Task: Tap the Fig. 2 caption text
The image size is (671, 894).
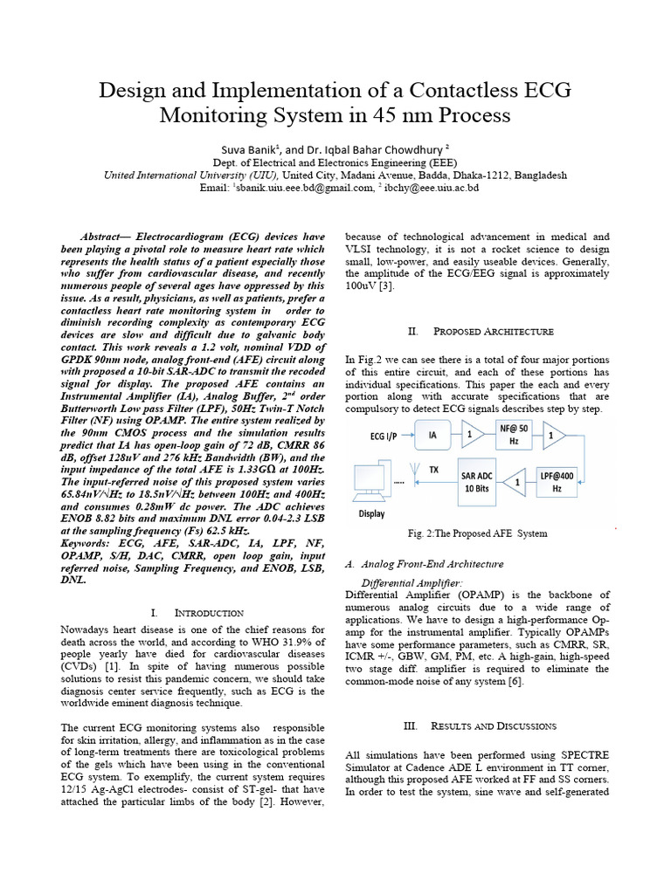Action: point(477,533)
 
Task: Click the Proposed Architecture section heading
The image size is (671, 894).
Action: point(481,332)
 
